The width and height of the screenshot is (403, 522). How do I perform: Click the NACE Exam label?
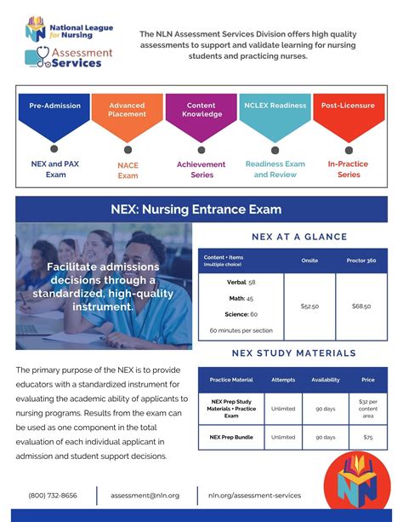[128, 170]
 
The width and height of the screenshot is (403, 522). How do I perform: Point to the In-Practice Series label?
[349, 169]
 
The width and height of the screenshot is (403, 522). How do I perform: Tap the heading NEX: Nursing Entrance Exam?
[201, 209]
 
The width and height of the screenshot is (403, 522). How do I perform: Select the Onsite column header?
[309, 261]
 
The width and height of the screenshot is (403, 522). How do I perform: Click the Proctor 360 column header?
[360, 261]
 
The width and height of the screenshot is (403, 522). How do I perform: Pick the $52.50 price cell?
[309, 306]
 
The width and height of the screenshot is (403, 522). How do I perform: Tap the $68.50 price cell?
[360, 306]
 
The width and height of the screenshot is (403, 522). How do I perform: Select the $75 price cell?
[367, 437]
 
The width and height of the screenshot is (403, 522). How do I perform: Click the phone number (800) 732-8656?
[53, 495]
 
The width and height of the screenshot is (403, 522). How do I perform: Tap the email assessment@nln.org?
[146, 495]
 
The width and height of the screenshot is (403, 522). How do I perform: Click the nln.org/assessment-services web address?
[254, 495]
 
